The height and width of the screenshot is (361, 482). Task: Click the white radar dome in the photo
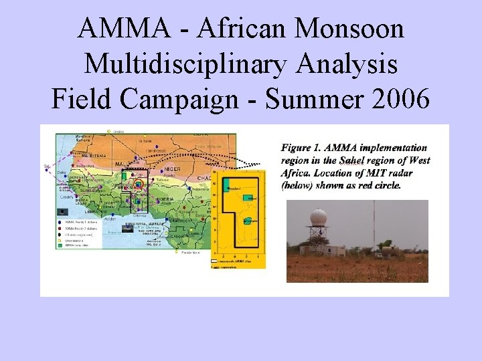[x=319, y=217]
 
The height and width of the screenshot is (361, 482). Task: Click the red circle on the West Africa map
[x=138, y=185]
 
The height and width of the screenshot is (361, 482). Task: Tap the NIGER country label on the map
[x=173, y=169]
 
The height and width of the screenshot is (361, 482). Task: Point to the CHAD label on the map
[x=204, y=178]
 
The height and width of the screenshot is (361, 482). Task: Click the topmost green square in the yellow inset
[x=226, y=183]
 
